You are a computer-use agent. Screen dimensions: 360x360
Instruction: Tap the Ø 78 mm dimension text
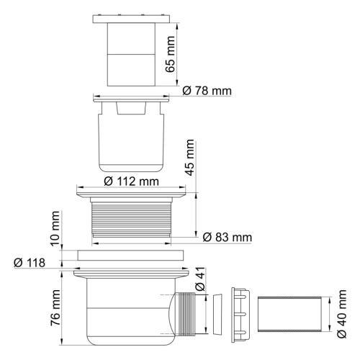coord(207,92)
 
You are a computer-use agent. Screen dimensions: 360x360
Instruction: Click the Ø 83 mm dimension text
coord(228,237)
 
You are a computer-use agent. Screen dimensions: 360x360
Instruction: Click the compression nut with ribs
coord(239,314)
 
